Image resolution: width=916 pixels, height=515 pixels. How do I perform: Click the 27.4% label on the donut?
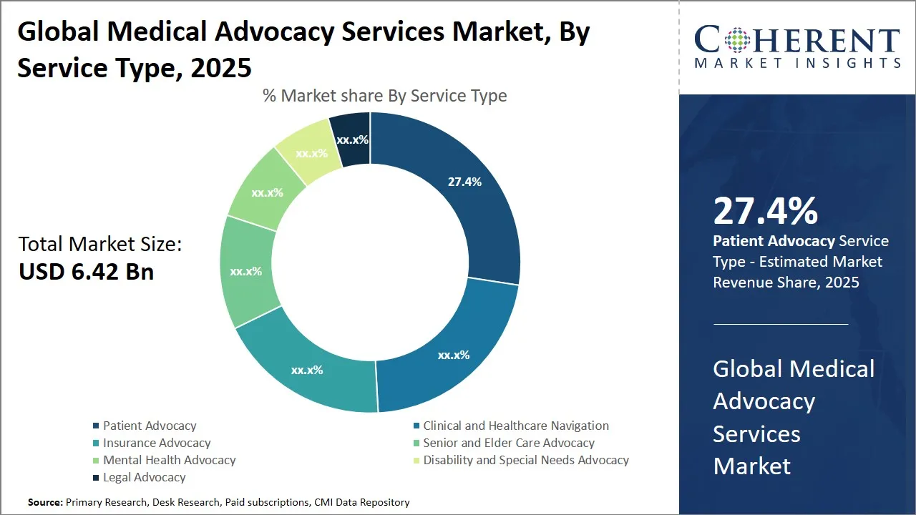(x=464, y=182)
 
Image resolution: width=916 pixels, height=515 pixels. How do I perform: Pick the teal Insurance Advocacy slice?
(x=306, y=370)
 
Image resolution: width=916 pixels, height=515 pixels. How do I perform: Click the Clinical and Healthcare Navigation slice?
(x=454, y=354)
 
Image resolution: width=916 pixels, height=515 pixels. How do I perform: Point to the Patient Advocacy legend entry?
(x=150, y=426)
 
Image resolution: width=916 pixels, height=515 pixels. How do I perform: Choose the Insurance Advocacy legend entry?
(x=157, y=443)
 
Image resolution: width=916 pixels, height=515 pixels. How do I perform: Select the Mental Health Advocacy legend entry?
(x=169, y=460)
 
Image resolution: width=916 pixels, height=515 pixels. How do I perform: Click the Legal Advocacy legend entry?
(x=144, y=477)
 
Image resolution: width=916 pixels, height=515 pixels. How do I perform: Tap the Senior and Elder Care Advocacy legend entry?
(x=508, y=443)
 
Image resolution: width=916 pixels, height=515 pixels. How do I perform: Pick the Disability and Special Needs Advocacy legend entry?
(x=525, y=460)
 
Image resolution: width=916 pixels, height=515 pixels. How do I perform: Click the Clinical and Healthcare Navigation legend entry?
(x=515, y=426)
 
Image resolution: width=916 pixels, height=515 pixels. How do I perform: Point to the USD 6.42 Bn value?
(x=86, y=272)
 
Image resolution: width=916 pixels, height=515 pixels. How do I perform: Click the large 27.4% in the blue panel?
(x=765, y=211)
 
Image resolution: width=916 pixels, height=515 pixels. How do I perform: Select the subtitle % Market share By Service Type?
(x=384, y=96)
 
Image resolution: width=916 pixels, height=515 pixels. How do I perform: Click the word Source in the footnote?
(x=45, y=503)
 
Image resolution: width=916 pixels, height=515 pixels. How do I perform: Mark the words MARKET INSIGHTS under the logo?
(x=797, y=64)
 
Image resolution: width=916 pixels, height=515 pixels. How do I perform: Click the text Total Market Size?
(x=100, y=245)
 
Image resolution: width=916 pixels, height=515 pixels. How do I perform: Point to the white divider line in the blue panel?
(x=781, y=324)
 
